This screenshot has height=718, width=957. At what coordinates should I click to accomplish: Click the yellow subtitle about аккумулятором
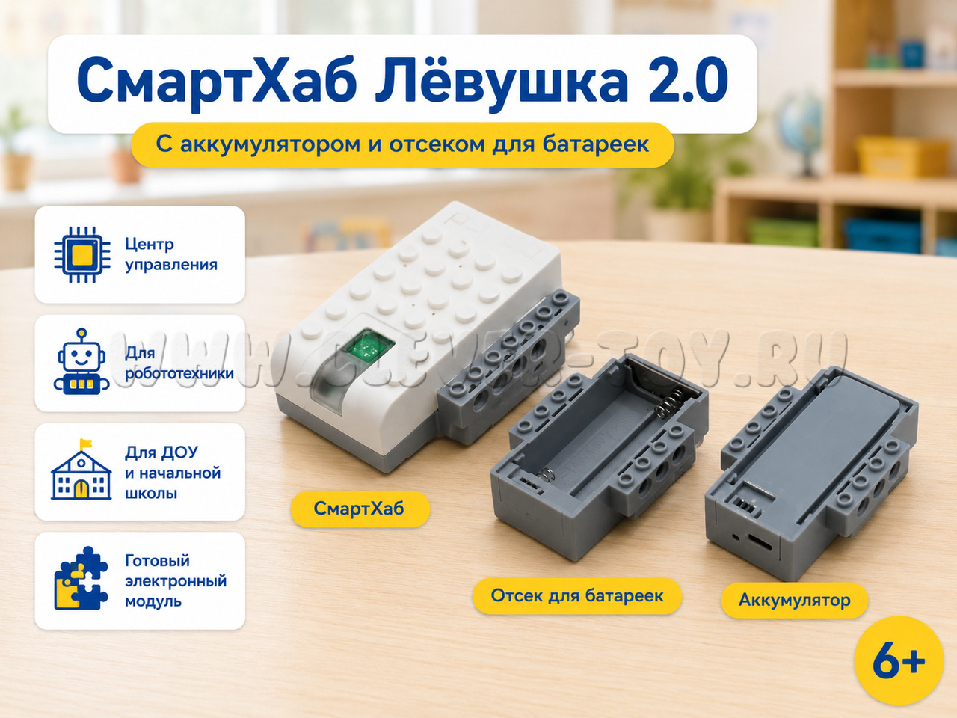pyautogui.click(x=402, y=144)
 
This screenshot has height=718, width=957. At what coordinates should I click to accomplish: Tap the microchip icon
pyautogui.click(x=82, y=254)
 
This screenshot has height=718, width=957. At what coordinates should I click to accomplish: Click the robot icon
pyautogui.click(x=81, y=362)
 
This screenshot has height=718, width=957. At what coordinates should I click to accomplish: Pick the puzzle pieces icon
pyautogui.click(x=81, y=578)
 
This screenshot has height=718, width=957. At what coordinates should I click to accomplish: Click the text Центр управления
pyautogui.click(x=171, y=254)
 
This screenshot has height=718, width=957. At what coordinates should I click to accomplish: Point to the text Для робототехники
pyautogui.click(x=179, y=363)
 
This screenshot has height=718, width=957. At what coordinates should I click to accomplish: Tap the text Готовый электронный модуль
pyautogui.click(x=176, y=580)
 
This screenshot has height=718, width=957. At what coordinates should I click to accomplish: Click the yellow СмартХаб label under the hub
pyautogui.click(x=360, y=509)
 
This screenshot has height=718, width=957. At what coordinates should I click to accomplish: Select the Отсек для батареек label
pyautogui.click(x=577, y=595)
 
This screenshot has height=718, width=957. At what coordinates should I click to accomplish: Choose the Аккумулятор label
pyautogui.click(x=794, y=601)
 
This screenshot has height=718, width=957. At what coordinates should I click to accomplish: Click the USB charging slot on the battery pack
pyautogui.click(x=760, y=543)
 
